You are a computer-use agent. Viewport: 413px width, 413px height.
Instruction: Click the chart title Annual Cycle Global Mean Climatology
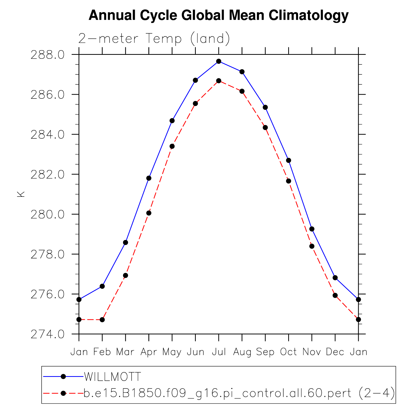pos(218,15)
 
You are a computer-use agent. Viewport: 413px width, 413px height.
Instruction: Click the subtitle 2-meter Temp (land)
pos(154,39)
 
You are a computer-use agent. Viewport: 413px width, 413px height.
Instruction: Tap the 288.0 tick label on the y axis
pos(47,55)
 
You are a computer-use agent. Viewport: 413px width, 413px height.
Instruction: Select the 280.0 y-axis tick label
pos(47,215)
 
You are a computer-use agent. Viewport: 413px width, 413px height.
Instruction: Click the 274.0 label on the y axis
pos(47,334)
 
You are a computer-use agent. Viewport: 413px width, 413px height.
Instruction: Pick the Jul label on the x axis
pos(219,352)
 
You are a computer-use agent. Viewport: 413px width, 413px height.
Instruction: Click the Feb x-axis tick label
pos(102,352)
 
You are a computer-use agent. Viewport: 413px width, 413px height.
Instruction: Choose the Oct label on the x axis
pos(288,352)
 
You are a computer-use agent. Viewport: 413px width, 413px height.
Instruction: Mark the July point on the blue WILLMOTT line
pos(219,61)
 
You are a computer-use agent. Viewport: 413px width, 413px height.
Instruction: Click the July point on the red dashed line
pos(219,81)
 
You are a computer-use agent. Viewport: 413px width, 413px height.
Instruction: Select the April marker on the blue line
pos(149,178)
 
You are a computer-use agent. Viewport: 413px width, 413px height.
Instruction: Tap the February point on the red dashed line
pos(102,320)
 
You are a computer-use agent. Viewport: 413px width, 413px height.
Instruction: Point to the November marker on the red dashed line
pos(312,246)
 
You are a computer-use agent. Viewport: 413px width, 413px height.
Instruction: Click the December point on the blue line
pos(335,278)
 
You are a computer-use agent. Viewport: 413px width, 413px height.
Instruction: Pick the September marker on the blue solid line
pos(265,107)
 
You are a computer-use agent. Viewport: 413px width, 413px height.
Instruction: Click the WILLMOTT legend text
pos(112,377)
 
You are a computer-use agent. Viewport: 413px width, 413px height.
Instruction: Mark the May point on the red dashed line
pos(172,146)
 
